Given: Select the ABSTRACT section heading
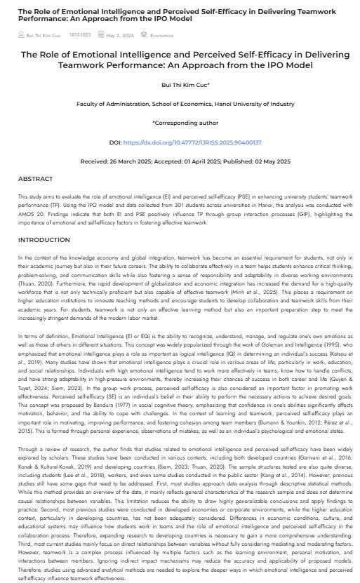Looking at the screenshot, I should tap(35, 179).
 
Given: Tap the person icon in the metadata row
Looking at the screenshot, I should tap(20, 35).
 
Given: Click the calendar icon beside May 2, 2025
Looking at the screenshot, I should tap(101, 35).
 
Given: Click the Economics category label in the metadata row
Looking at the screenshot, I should tap(162, 35).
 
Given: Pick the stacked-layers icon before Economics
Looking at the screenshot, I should tap(145, 35).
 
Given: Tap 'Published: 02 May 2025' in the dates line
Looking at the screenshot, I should tap(257, 161).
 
